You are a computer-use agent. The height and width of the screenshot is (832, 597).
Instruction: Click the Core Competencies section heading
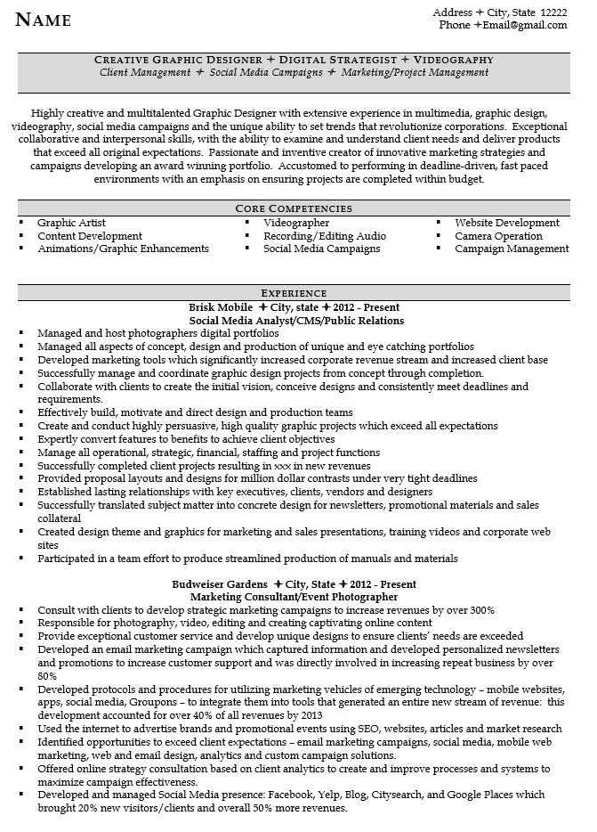point(299,208)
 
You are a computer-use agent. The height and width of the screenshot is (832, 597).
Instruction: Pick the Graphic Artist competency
point(70,223)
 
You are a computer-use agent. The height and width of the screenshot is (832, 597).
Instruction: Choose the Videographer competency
point(296,223)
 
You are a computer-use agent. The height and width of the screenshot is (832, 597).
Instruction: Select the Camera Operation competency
point(498,236)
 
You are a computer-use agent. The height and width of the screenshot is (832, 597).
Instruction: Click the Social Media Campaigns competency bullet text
point(321,249)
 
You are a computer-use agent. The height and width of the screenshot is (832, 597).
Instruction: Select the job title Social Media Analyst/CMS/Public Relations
point(296,320)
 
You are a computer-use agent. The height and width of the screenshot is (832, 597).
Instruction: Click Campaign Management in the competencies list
point(511,249)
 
